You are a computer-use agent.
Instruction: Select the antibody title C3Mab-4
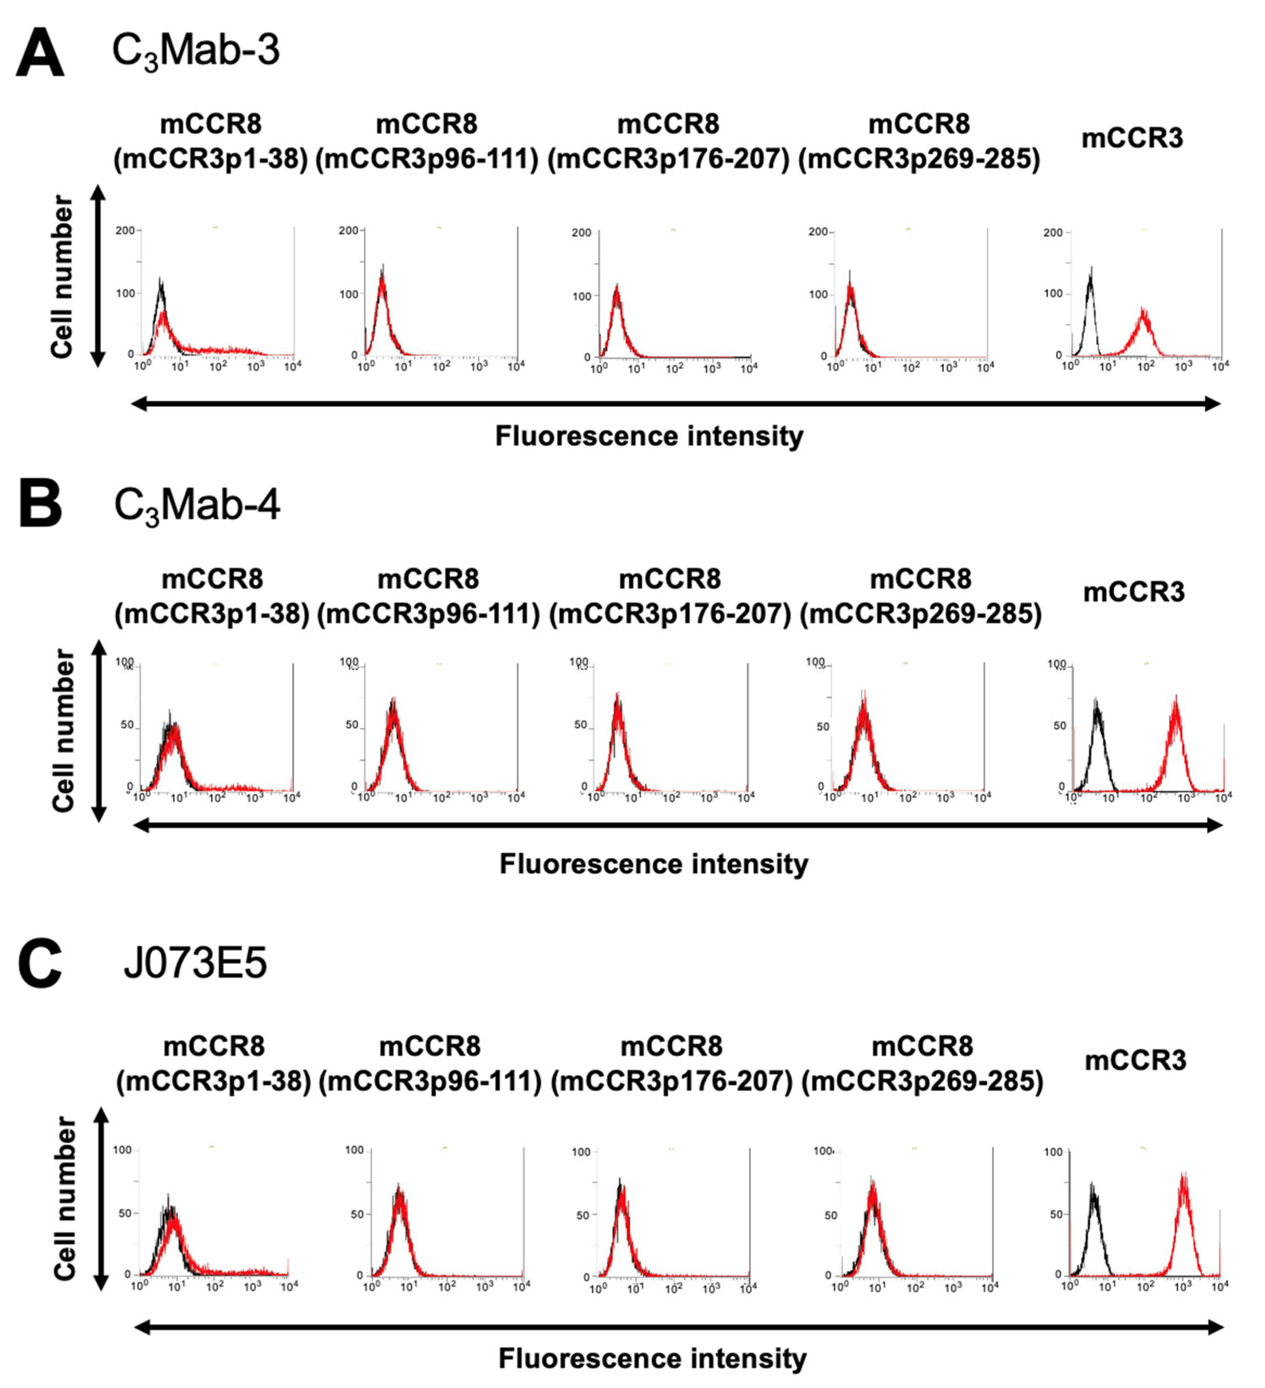(197, 506)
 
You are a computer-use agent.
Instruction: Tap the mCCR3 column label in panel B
(1133, 592)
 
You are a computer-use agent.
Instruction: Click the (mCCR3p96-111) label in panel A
(426, 160)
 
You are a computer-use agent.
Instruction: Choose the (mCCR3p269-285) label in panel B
(920, 614)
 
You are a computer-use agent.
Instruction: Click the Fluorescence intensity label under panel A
(649, 436)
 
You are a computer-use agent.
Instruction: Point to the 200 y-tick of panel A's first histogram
(125, 230)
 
